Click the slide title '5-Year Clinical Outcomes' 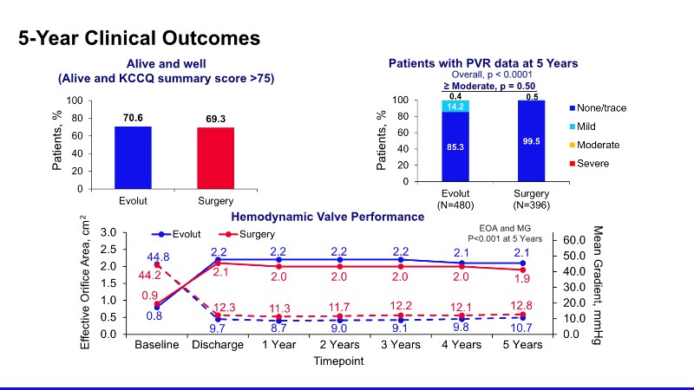[x=140, y=38]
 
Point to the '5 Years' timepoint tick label [x=522, y=345]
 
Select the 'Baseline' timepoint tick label [x=156, y=345]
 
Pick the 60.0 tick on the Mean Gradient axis [x=577, y=239]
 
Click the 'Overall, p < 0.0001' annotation [x=483, y=74]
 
